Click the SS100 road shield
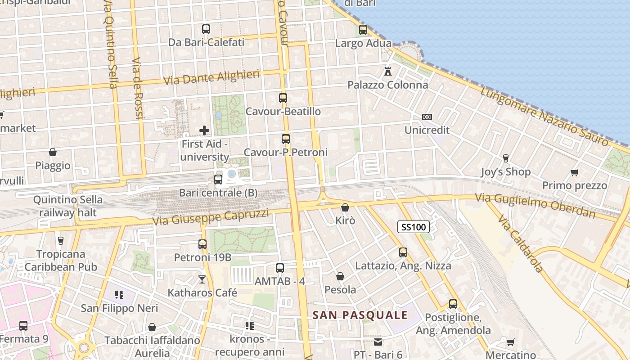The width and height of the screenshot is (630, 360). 413,227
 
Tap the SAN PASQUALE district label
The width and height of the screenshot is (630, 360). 360,315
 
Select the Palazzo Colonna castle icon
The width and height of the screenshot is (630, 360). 388,71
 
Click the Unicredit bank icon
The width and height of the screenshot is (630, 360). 427,117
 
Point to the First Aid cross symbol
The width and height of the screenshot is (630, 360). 204,130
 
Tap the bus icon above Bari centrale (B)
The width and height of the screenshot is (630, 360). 218,180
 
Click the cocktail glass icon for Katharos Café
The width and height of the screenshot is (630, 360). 202,279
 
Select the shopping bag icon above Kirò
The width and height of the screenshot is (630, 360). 345,207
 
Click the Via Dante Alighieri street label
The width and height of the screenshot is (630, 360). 211,77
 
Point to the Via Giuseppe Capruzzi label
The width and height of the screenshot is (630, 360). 211,217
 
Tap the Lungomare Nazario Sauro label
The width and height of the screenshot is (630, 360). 544,116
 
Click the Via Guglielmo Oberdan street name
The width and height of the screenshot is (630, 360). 535,205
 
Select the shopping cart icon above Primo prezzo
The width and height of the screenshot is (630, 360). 574,172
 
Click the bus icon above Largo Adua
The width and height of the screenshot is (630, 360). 363,30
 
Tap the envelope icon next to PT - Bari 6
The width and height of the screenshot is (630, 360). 378,342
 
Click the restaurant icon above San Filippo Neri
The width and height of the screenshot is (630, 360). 119,295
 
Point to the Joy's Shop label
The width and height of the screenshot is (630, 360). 505,172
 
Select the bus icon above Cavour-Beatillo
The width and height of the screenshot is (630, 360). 283,98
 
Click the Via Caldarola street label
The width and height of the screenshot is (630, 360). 521,243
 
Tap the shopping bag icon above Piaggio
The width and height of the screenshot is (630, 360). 53,152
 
